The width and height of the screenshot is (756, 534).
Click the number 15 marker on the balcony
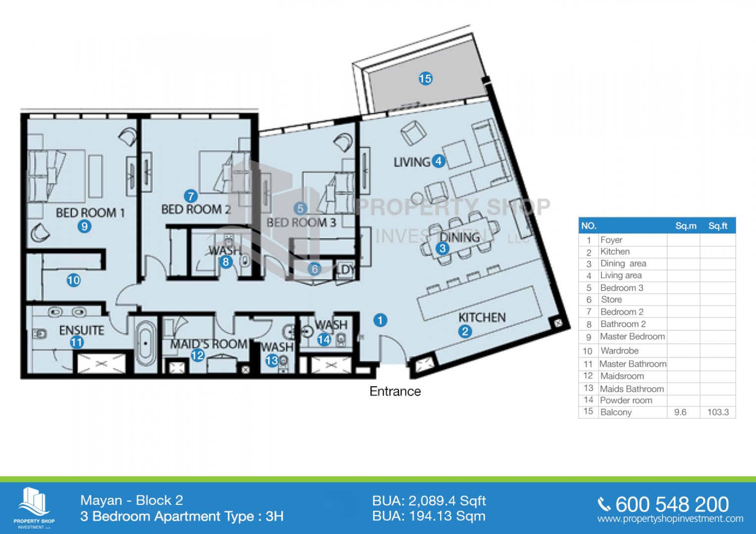[425, 79]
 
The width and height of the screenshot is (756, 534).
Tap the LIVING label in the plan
[412, 162]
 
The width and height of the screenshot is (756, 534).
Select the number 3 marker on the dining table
[443, 248]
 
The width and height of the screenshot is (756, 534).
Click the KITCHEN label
[482, 317]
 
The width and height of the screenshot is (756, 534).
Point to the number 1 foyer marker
[380, 320]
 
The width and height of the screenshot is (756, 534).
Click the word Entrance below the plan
[395, 392]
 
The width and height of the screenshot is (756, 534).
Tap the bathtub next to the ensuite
[146, 344]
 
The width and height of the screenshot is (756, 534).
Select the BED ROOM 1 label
[90, 213]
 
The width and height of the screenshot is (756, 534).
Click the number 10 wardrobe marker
[74, 280]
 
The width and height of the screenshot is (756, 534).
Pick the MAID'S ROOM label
[208, 344]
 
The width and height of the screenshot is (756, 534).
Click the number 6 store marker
[314, 269]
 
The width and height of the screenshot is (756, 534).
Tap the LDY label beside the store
[346, 269]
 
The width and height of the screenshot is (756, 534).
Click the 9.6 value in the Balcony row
[680, 412]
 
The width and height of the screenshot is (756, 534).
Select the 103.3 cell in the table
[718, 412]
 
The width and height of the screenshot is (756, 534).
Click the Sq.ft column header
[718, 226]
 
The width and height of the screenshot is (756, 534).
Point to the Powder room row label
[626, 400]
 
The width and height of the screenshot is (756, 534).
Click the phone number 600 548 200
[672, 505]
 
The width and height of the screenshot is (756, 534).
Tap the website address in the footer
[670, 519]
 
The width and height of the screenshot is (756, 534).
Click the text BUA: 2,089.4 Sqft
[429, 501]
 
